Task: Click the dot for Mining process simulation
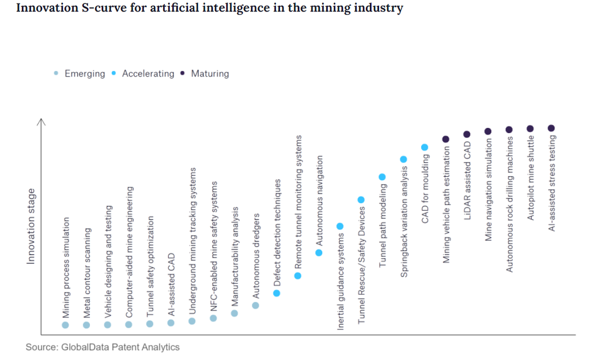pos(65,325)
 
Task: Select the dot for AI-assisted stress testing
pos(551,128)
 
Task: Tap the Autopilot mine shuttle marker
pos(530,128)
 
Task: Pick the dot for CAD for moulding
pos(425,147)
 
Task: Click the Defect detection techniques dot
pos(277,293)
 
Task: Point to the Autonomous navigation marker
pos(319,252)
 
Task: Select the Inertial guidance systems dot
pos(340,226)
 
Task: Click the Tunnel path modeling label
pos(382,227)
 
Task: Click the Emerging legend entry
pos(84,74)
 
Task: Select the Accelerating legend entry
pos(147,74)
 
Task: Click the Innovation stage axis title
pos(31,226)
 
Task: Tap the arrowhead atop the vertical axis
pos(41,121)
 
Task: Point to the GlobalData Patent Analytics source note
pos(103,347)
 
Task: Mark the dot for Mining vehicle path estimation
pos(445,139)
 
